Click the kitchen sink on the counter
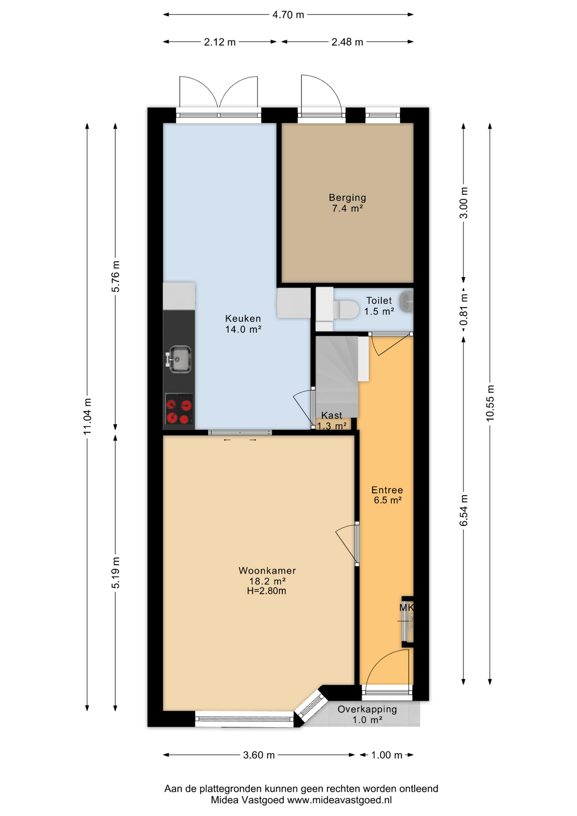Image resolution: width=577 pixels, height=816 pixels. [x=179, y=360]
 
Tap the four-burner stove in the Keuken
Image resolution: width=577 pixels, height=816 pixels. [x=179, y=409]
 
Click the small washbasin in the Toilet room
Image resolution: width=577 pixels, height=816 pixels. [x=407, y=302]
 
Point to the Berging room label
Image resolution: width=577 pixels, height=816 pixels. [x=347, y=198]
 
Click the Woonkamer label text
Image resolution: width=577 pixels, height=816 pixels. [x=267, y=571]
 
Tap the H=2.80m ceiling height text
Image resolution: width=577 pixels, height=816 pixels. [x=266, y=591]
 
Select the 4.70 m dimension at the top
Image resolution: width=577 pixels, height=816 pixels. [x=288, y=15]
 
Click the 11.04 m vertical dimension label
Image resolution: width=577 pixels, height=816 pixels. [x=87, y=416]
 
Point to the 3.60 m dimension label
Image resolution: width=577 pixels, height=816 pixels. [x=259, y=755]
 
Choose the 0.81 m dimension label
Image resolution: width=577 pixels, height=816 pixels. [x=464, y=310]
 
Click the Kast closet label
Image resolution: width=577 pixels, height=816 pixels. [x=332, y=415]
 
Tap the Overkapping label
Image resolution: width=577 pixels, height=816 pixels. [x=368, y=709]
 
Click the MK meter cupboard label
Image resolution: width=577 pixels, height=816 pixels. [x=406, y=608]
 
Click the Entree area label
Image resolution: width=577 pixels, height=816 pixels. [x=387, y=490]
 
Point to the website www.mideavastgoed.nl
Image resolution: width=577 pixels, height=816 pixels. [x=339, y=800]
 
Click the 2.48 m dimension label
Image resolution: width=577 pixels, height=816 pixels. [x=347, y=42]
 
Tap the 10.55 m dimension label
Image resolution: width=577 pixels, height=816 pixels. [x=490, y=403]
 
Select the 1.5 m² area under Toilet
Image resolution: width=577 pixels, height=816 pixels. [x=379, y=312]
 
